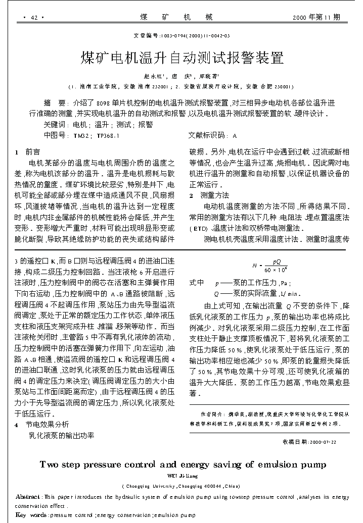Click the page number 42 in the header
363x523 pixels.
click(x=34, y=18)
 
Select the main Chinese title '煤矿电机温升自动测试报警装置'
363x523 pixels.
click(x=182, y=57)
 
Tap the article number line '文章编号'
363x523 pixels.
click(x=181, y=36)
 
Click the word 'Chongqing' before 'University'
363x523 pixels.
click(x=137, y=486)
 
